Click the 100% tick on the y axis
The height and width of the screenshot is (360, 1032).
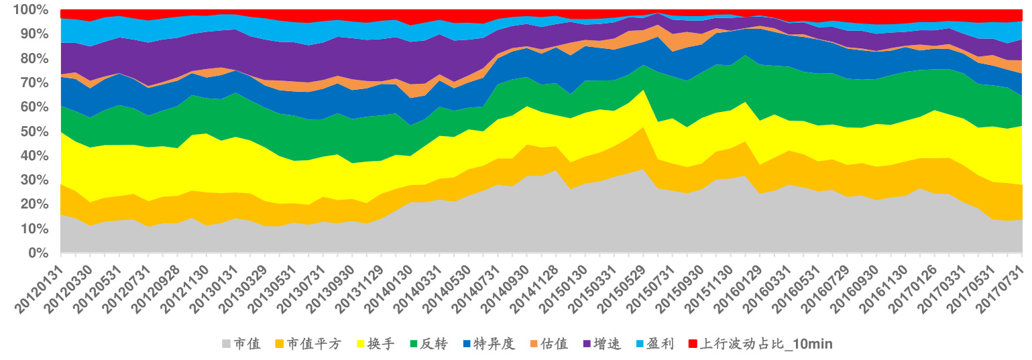25,10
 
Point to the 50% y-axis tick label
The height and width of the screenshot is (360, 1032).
29,131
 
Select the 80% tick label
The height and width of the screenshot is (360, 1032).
29,58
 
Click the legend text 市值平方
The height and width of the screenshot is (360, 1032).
314,344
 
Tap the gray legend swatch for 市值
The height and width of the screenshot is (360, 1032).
225,344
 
